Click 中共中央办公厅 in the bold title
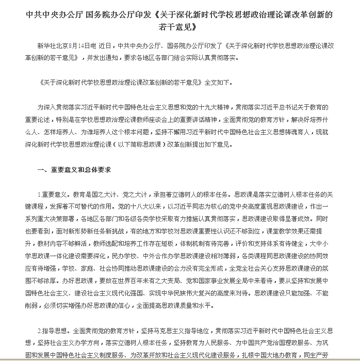point(53,15)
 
